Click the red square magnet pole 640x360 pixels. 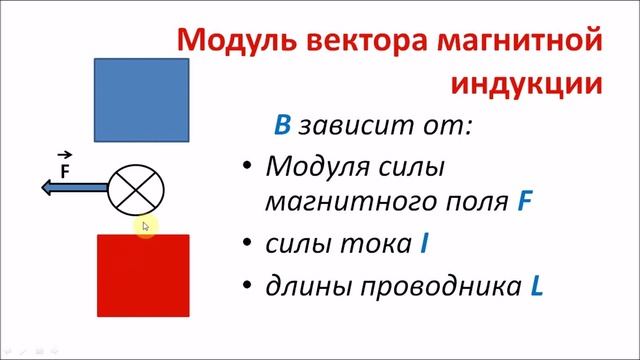pos(141,282)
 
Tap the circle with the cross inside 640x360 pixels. pos(136,188)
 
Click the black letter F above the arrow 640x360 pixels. pos(65,170)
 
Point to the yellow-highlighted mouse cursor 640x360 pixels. pos(146,228)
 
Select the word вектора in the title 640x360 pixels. pos(353,41)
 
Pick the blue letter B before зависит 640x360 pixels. pos(283,126)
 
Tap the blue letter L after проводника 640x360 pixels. pos(536,287)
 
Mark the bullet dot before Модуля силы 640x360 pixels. pos(246,166)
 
